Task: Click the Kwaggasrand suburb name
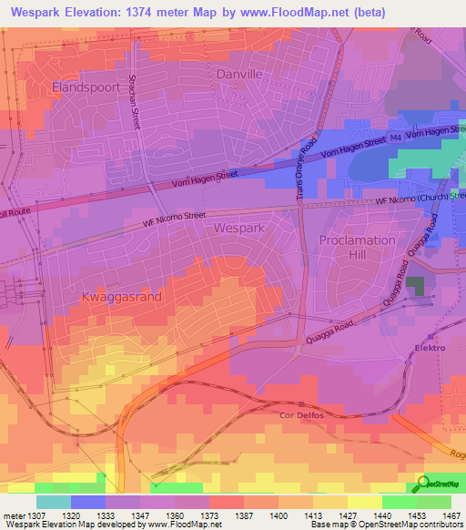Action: click(x=122, y=298)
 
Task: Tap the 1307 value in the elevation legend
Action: click(x=37, y=515)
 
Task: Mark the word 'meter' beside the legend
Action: click(x=13, y=515)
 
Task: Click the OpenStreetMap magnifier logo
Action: click(x=422, y=484)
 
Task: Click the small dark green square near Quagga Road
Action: click(x=415, y=286)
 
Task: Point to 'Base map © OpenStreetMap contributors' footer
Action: click(x=387, y=525)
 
